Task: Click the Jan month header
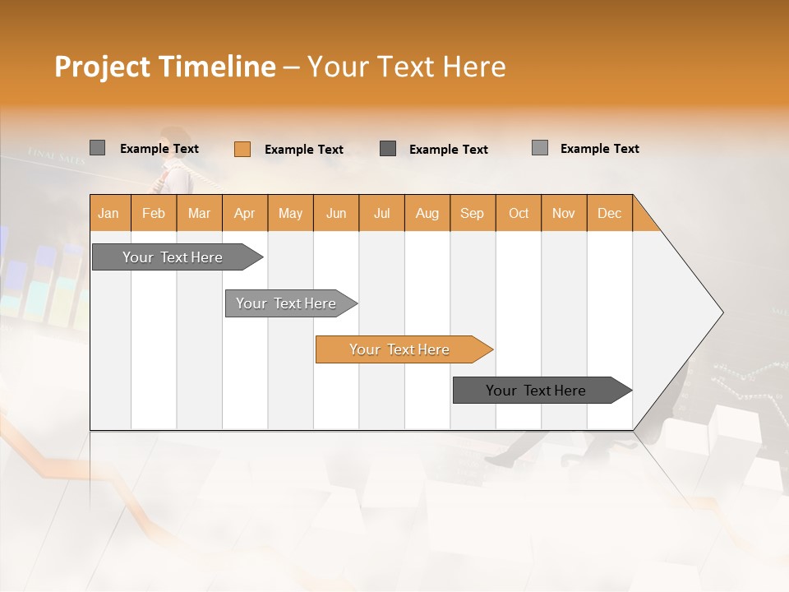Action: click(x=108, y=213)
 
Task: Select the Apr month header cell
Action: click(x=245, y=213)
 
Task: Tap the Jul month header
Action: click(x=381, y=213)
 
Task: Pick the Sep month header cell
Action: click(x=473, y=213)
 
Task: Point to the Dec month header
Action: click(x=609, y=213)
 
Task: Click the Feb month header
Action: click(x=154, y=213)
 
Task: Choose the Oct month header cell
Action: click(x=519, y=213)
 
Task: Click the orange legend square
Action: click(x=242, y=149)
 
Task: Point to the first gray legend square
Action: click(x=97, y=148)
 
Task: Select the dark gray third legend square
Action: click(x=388, y=148)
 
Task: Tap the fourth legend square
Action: click(x=540, y=148)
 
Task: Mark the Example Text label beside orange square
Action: click(x=304, y=150)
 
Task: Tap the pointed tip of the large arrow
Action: click(x=721, y=312)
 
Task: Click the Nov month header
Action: click(x=564, y=213)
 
